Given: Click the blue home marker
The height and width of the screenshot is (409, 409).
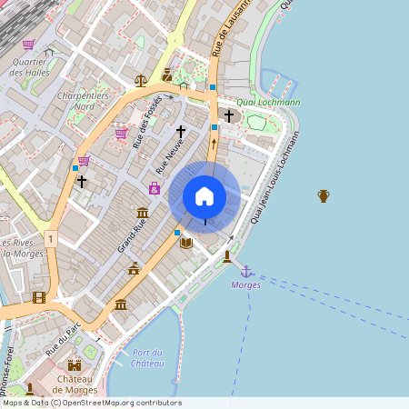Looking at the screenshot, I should [x=204, y=195].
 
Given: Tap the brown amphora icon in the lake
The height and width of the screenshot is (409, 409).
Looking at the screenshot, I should [x=323, y=195].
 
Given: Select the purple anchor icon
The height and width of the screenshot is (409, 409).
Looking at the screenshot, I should [x=245, y=271].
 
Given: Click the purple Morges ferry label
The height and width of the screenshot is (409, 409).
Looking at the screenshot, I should [x=246, y=285].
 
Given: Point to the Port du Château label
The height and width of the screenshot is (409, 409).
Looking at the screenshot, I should [x=146, y=357].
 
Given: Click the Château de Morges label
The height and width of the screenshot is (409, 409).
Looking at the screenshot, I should [x=75, y=384].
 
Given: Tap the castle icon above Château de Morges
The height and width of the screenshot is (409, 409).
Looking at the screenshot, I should [x=75, y=364].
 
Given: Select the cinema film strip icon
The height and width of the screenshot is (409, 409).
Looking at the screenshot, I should [x=38, y=296].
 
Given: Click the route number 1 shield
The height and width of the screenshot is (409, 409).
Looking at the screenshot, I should [x=51, y=239].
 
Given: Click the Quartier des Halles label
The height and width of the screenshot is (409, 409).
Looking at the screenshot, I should [x=29, y=67].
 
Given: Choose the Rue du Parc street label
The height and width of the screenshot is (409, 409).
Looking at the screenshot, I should [x=66, y=336].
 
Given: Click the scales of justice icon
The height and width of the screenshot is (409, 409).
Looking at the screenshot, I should [x=140, y=80].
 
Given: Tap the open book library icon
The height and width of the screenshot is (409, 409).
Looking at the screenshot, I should [x=186, y=243].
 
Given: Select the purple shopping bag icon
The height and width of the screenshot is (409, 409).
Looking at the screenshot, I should [x=155, y=188].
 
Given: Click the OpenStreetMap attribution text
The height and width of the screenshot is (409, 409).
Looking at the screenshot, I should [x=92, y=403].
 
